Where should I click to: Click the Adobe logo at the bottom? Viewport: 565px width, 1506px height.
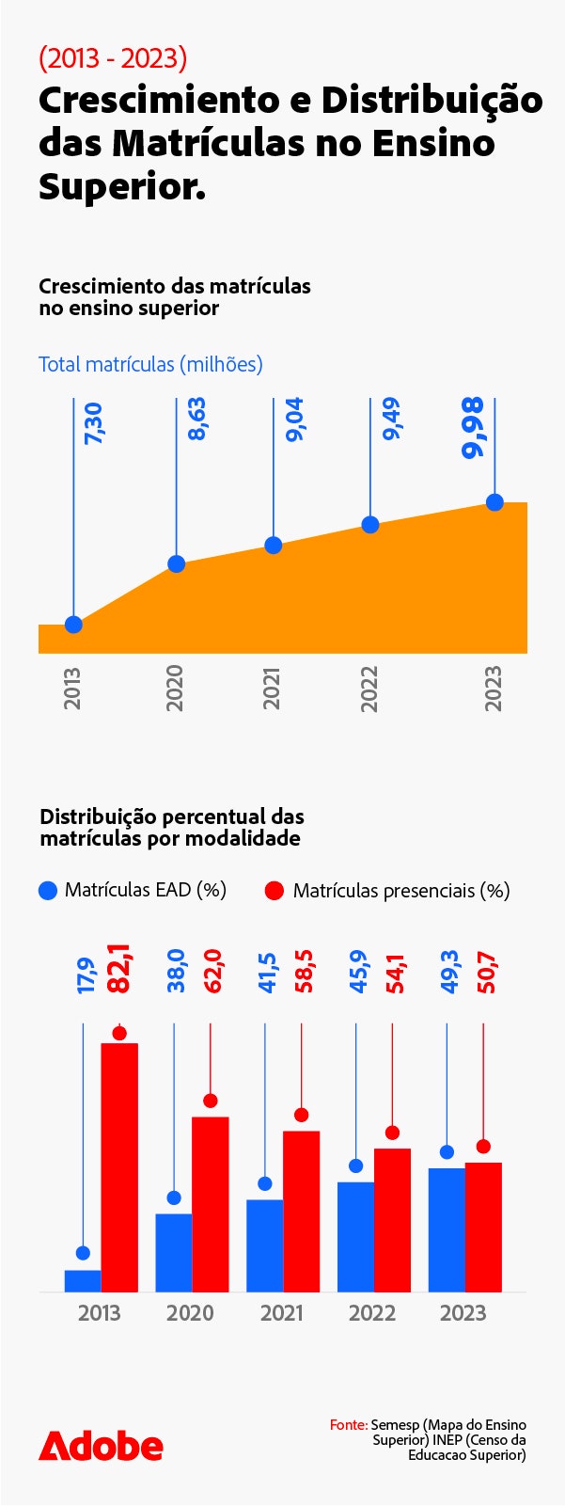coord(101,1446)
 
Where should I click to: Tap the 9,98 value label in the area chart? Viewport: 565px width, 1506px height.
coord(473,428)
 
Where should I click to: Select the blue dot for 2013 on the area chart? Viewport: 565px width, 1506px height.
coord(73,625)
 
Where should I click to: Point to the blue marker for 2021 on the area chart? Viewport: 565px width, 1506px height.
coord(274,546)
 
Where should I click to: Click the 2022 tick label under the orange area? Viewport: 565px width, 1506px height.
coord(369,689)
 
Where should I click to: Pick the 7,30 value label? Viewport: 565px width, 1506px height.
coord(93,424)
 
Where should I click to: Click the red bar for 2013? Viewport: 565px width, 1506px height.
coord(119,1166)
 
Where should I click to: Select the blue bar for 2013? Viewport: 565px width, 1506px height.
coord(83,1280)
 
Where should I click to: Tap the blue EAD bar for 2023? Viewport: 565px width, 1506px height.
coord(447,1229)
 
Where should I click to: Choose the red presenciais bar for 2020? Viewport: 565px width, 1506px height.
coord(211,1204)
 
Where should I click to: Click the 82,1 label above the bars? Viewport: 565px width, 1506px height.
coord(119,969)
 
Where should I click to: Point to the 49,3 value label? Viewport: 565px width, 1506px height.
coord(450,972)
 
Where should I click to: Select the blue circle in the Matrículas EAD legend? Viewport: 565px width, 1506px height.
coord(48,891)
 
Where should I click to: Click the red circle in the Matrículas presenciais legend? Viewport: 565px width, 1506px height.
coord(275,891)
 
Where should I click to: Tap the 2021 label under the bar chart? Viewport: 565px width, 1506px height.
coord(281,1313)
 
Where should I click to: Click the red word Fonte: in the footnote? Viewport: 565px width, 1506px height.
coord(349,1425)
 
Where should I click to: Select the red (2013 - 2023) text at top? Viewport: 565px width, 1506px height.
coord(113,58)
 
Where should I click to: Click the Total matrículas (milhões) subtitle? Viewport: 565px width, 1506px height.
coord(150,364)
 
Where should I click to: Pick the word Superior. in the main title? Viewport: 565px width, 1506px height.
coord(122,186)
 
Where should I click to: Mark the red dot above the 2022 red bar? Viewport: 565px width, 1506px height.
coord(392,1133)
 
